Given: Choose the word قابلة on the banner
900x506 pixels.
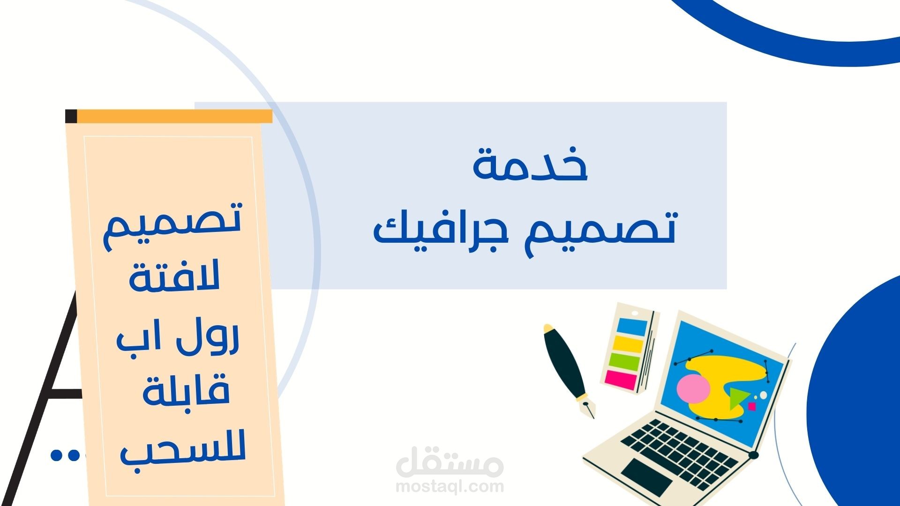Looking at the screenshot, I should (x=186, y=393).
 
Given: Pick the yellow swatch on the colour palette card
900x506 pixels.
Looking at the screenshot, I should (x=628, y=344).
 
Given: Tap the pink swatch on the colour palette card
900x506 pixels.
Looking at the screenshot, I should (x=621, y=379).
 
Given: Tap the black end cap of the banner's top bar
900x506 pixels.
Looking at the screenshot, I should (x=71, y=116).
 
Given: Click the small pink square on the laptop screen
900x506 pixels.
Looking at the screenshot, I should (x=752, y=406).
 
